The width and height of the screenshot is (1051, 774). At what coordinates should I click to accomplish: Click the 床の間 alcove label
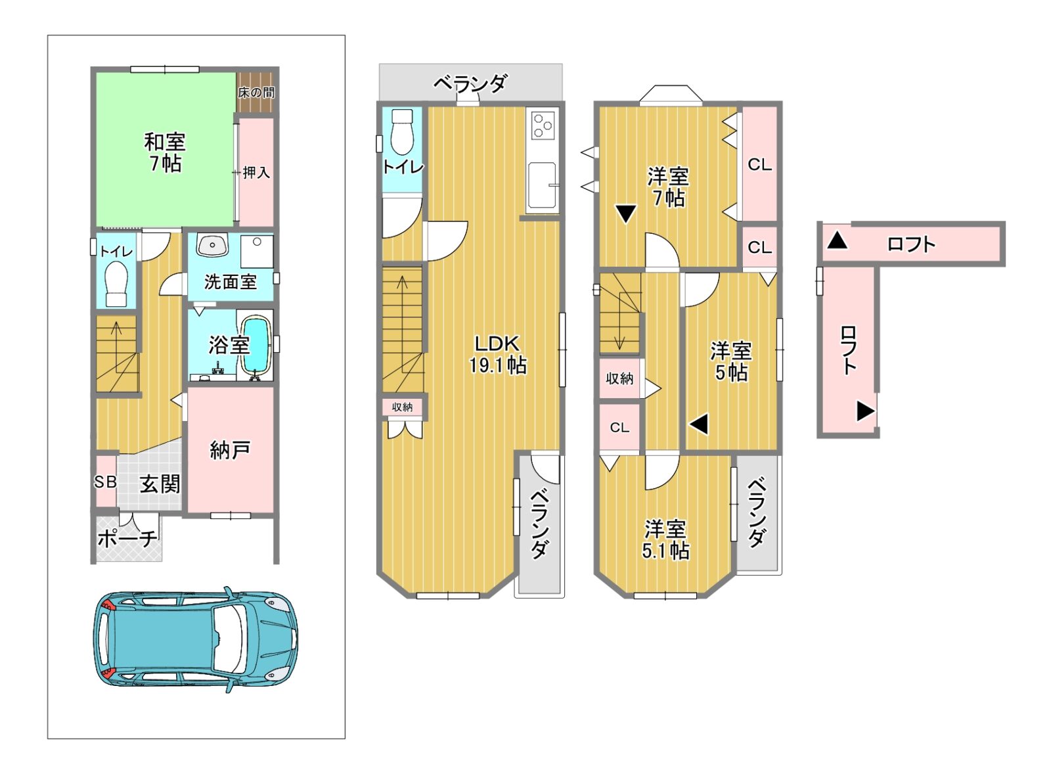(256, 93)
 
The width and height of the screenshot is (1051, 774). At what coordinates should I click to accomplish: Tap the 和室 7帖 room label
(164, 152)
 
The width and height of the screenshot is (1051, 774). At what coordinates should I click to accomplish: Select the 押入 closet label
(256, 172)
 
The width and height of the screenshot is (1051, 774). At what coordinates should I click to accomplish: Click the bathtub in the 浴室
(256, 346)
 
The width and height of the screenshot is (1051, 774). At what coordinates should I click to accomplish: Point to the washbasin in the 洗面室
(212, 245)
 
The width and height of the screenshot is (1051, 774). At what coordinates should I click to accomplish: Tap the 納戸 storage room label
(230, 450)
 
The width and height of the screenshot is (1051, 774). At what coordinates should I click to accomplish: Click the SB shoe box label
(105, 482)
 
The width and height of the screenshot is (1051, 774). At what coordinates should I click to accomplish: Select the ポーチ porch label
(127, 538)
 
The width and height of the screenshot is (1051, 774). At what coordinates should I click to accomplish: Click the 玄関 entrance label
(160, 484)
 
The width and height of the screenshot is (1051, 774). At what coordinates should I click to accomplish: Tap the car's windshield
(231, 639)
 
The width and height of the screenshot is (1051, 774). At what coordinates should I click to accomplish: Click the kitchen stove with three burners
(543, 125)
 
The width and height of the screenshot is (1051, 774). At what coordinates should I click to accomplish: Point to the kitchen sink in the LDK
(543, 185)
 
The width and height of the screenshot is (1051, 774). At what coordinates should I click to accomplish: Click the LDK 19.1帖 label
(498, 354)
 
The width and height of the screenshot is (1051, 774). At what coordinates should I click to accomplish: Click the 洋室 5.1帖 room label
(665, 539)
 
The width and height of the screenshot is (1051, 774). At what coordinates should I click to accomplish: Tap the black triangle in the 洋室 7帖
(626, 214)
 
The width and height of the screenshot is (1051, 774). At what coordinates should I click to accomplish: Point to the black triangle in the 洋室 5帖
(699, 425)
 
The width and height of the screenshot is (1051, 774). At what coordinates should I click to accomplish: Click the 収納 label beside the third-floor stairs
(619, 378)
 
